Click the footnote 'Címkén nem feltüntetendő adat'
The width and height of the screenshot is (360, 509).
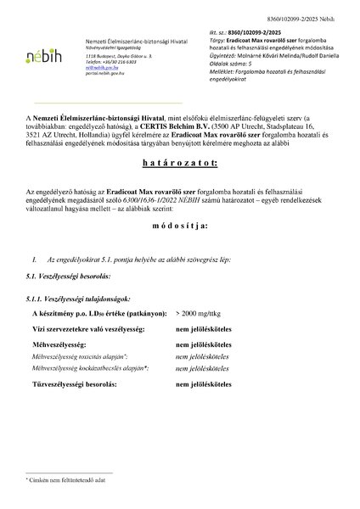tap(64, 480)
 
